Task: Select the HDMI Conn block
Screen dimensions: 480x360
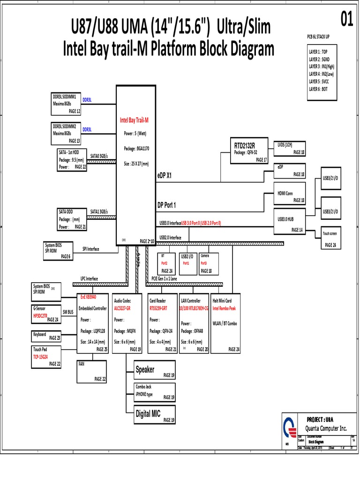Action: click(290, 193)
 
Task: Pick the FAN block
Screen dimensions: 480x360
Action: click(92, 371)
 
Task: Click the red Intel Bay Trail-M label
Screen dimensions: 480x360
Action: click(135, 120)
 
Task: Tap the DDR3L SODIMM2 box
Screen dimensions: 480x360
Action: click(66, 133)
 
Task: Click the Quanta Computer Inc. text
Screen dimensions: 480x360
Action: click(326, 428)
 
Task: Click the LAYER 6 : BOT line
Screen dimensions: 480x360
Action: click(319, 88)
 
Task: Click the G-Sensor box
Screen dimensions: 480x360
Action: click(46, 314)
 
